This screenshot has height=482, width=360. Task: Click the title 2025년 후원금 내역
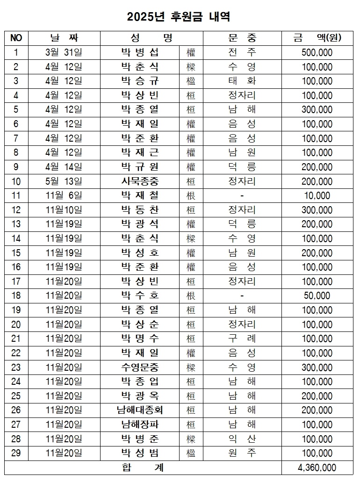click(x=179, y=17)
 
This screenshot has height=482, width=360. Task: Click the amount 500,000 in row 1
click(x=317, y=53)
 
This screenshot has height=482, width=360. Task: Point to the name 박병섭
click(x=140, y=53)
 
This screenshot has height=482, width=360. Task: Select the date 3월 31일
click(x=64, y=53)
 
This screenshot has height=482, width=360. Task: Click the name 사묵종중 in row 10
click(x=140, y=181)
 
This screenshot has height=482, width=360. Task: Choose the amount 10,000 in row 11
click(x=317, y=196)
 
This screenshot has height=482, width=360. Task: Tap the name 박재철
click(x=140, y=196)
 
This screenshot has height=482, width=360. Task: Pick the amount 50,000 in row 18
click(x=317, y=295)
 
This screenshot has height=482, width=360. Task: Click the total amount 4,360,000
click(x=317, y=467)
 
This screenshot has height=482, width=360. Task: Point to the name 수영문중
click(x=140, y=367)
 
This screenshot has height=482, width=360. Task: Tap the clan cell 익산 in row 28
click(x=242, y=439)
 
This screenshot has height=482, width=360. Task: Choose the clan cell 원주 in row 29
click(x=242, y=453)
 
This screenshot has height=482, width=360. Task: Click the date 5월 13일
click(x=64, y=181)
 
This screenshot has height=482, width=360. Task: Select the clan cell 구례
click(x=242, y=338)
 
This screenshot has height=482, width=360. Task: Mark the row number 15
click(x=16, y=253)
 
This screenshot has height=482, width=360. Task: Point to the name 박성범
click(x=140, y=453)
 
